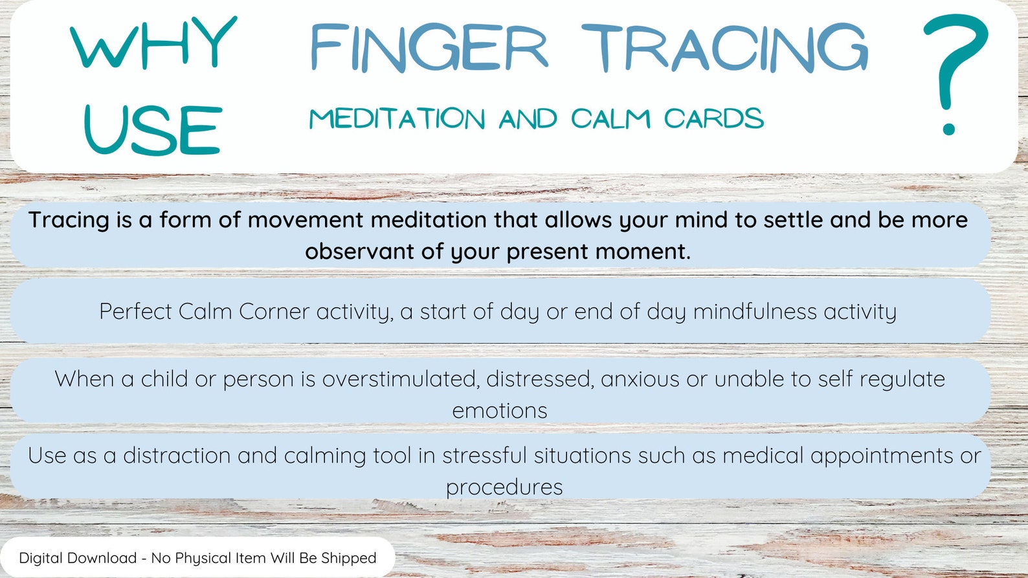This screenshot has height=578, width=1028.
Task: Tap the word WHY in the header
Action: pyautogui.click(x=153, y=43)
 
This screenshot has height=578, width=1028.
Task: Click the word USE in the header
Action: pyautogui.click(x=153, y=130)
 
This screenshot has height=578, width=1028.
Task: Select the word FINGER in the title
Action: pyautogui.click(x=429, y=49)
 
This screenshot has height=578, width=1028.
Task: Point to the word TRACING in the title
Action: pyautogui.click(x=724, y=49)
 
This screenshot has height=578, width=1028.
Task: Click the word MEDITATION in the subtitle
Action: pyautogui.click(x=397, y=119)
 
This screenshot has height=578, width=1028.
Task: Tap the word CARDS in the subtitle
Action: pyautogui.click(x=713, y=119)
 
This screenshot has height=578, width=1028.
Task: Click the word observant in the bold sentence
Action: pyautogui.click(x=359, y=251)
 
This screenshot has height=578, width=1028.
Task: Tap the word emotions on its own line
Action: pyautogui.click(x=499, y=410)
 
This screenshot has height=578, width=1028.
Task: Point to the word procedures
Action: pyautogui.click(x=504, y=487)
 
